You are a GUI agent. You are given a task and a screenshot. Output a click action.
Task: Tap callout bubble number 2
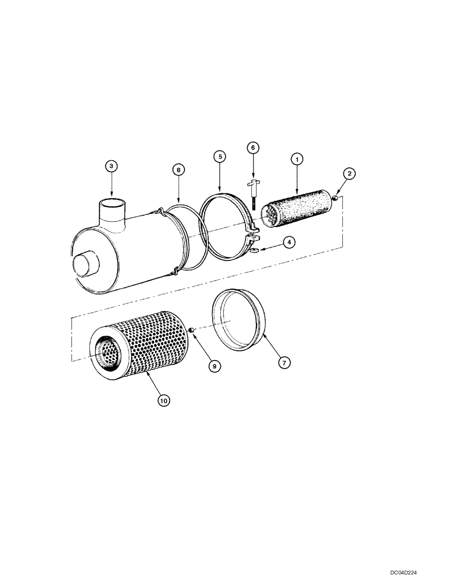pyautogui.click(x=349, y=173)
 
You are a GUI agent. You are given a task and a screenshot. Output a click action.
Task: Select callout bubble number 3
pyautogui.click(x=112, y=166)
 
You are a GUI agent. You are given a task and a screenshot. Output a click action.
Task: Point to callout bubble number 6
pyautogui.click(x=252, y=147)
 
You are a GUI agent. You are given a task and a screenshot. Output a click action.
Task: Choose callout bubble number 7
pyautogui.click(x=285, y=362)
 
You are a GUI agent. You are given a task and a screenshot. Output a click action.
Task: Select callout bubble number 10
pyautogui.click(x=165, y=401)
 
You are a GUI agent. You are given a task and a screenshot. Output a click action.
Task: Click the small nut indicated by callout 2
pyautogui.click(x=334, y=199)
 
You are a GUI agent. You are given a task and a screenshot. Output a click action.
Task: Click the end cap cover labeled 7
pyautogui.click(x=239, y=320)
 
